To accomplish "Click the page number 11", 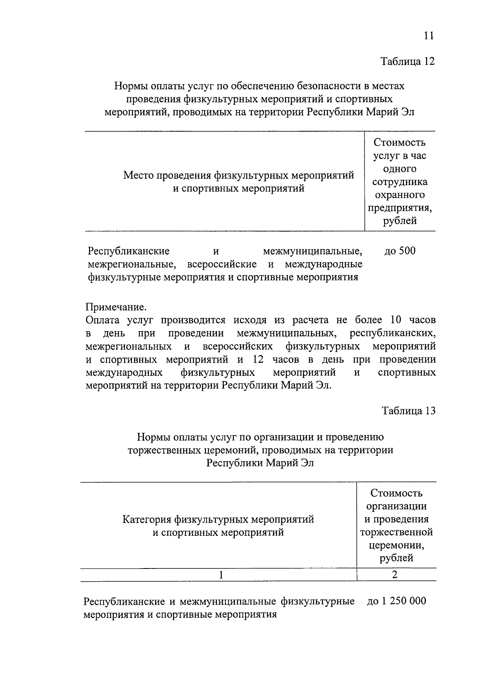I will (428, 36).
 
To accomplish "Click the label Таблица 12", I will (407, 61).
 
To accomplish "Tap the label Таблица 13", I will (408, 411).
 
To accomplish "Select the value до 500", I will (400, 251).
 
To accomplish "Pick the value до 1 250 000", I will (396, 601).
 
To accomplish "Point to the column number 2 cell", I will (395, 575).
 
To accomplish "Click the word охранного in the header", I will (400, 195).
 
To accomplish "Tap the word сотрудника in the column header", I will (400, 182).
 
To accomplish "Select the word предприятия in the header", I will (400, 208).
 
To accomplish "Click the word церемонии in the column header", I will (396, 545).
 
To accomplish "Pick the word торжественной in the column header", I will (396, 532).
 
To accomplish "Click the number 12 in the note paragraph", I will (259, 359).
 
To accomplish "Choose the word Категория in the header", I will (145, 519).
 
